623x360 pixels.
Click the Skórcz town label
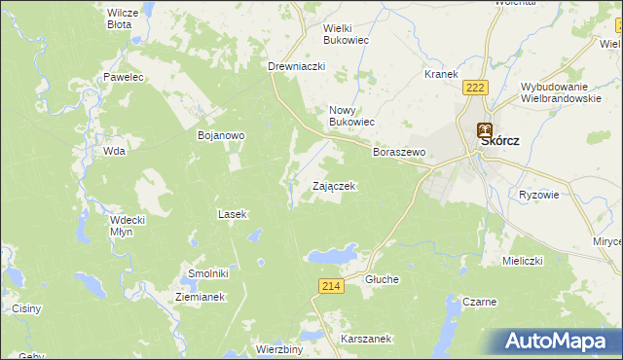click(499, 141)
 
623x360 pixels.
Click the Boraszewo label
click(400, 153)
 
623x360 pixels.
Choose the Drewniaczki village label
click(296, 66)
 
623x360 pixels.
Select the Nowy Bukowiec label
click(350, 116)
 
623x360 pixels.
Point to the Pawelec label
click(124, 76)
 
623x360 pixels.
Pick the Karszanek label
click(366, 339)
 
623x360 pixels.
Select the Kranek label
click(441, 74)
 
